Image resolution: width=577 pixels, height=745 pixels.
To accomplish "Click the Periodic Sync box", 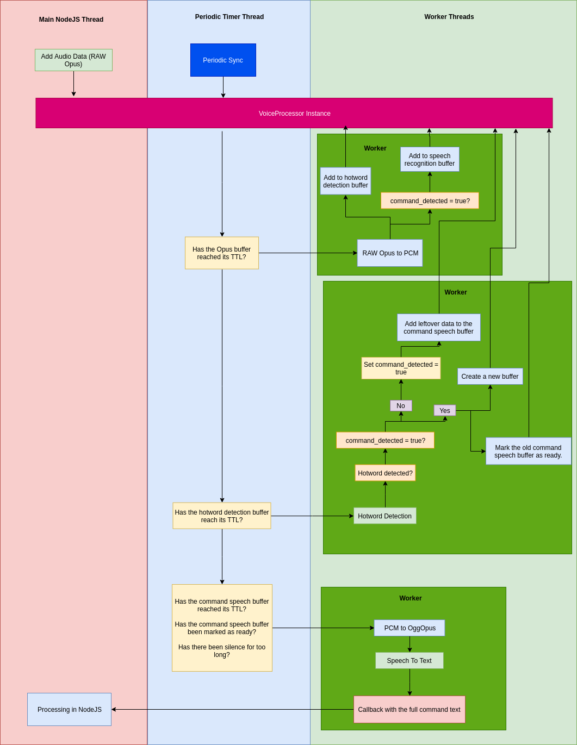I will click(223, 60).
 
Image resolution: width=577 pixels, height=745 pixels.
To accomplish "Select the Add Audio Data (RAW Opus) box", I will click(73, 60).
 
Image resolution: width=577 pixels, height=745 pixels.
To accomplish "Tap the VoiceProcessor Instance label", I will click(294, 114).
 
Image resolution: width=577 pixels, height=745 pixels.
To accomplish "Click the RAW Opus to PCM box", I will click(390, 253).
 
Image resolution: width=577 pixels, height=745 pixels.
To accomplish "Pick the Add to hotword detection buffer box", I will click(345, 181).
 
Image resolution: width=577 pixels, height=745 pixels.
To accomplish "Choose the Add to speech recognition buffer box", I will click(430, 160).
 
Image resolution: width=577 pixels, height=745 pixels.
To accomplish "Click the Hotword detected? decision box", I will click(385, 473).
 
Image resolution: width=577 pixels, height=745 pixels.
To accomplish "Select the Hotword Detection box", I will click(384, 516).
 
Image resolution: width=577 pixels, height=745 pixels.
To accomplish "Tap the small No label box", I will click(401, 406).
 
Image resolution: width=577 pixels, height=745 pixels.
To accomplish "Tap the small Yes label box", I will click(444, 411).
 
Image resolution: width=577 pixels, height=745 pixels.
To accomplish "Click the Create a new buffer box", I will click(489, 377).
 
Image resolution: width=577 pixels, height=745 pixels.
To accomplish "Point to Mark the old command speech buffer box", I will click(528, 452).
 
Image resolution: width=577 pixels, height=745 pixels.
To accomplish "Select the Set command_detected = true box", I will click(401, 368).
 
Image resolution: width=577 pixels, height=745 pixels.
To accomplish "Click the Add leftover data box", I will click(438, 328).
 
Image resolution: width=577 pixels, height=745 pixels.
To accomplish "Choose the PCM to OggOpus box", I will click(410, 628).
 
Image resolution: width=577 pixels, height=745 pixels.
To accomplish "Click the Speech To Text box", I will click(409, 661).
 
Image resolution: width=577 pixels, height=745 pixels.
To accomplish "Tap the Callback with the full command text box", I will click(409, 710).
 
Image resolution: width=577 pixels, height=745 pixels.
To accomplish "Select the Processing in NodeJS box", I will click(69, 710).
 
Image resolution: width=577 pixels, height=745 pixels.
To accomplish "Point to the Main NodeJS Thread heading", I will click(71, 20).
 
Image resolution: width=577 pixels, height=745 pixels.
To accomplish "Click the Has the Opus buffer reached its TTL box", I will click(221, 253).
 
